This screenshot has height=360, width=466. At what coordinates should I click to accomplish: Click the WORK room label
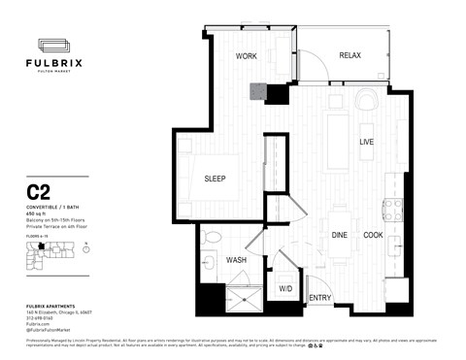[x=247, y=57]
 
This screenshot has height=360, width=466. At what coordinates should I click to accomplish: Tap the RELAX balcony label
[x=349, y=55]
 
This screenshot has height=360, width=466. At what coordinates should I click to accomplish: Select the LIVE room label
[x=367, y=143]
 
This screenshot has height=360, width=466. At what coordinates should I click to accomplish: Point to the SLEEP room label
[x=215, y=180]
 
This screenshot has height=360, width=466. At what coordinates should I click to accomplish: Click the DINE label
[x=340, y=236]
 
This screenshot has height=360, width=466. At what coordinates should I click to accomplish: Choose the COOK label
[x=373, y=236]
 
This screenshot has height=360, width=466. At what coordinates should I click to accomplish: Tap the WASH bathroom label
[x=236, y=261]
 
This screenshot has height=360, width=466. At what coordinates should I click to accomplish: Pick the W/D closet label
[x=285, y=289]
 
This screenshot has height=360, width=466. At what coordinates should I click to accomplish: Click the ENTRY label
[x=319, y=297]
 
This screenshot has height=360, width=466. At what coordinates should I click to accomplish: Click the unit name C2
[x=38, y=193]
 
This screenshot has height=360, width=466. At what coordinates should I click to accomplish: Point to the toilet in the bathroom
[x=210, y=261]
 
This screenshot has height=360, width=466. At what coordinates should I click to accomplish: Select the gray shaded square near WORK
[x=257, y=92]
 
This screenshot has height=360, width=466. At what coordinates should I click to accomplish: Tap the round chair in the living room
[x=366, y=101]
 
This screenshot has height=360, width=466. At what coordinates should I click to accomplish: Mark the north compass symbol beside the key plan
[x=86, y=248]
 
